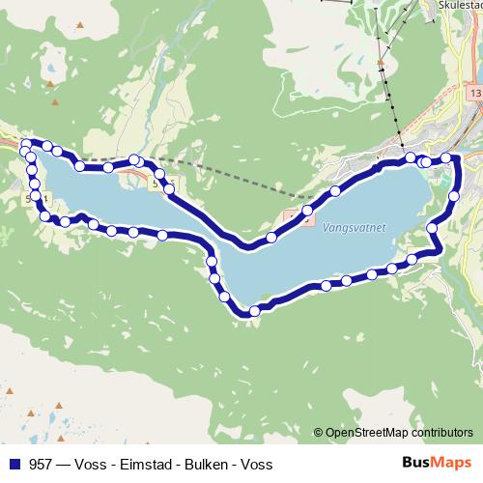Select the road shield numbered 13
(x=474, y=93)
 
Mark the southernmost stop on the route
(x=254, y=310)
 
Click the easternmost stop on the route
(x=455, y=197)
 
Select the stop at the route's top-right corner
(x=446, y=157)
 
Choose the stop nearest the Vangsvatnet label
(x=335, y=189)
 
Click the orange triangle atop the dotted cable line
(x=383, y=64)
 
